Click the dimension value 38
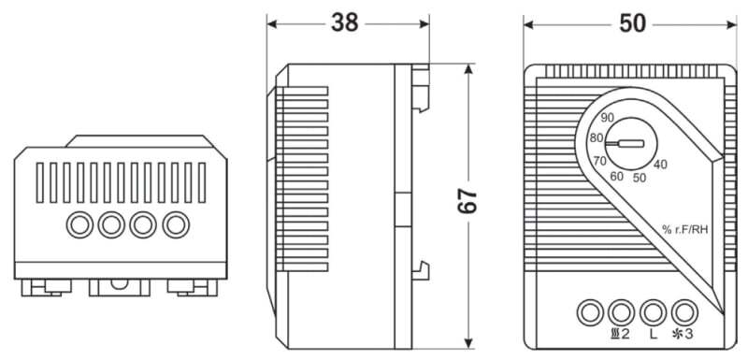pyautogui.click(x=345, y=22)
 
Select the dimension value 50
pyautogui.click(x=633, y=22)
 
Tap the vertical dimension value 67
pyautogui.click(x=467, y=200)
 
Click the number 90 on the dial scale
pyautogui.click(x=607, y=118)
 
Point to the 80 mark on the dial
pyautogui.click(x=597, y=138)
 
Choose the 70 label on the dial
pyautogui.click(x=599, y=161)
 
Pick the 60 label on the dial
pyautogui.click(x=616, y=176)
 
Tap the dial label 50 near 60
pyautogui.click(x=640, y=178)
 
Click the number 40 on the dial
pyautogui.click(x=660, y=165)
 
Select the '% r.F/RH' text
pyautogui.click(x=684, y=230)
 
